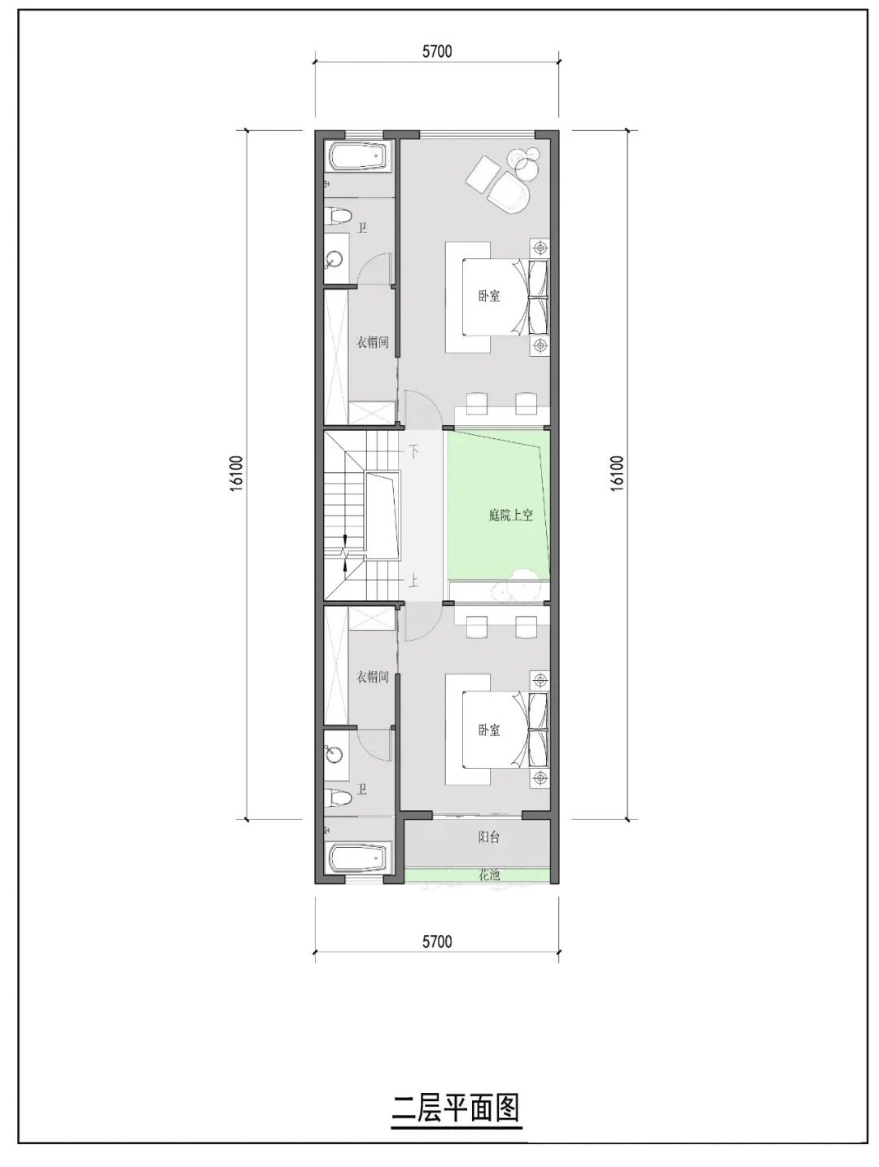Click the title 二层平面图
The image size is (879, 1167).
click(x=455, y=1108)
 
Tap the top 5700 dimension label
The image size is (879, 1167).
click(x=437, y=52)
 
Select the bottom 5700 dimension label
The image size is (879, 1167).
click(x=437, y=942)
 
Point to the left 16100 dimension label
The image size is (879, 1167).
click(x=235, y=473)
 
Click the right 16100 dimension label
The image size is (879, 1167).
click(x=616, y=473)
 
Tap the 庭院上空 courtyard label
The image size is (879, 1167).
click(x=510, y=515)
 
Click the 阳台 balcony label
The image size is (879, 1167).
click(x=488, y=837)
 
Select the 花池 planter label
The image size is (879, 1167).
click(x=488, y=875)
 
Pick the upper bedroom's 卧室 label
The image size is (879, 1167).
click(x=489, y=296)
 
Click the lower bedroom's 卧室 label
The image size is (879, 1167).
click(x=489, y=730)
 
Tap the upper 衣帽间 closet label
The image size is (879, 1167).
click(x=372, y=342)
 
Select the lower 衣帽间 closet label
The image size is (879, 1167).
click(x=372, y=677)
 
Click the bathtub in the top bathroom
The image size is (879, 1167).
click(x=359, y=156)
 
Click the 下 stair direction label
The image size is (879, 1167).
click(x=414, y=450)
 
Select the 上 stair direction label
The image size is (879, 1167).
click(x=414, y=581)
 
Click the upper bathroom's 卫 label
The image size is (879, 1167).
click(x=362, y=227)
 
